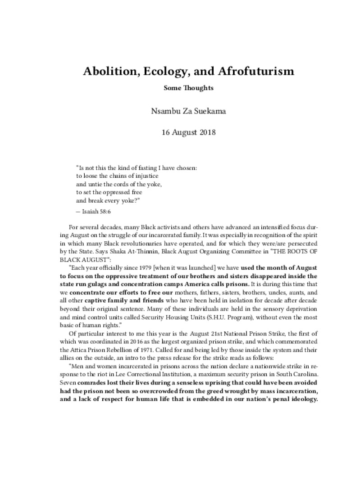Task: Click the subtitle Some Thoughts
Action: (x=188, y=88)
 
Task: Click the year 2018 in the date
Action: (x=206, y=133)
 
